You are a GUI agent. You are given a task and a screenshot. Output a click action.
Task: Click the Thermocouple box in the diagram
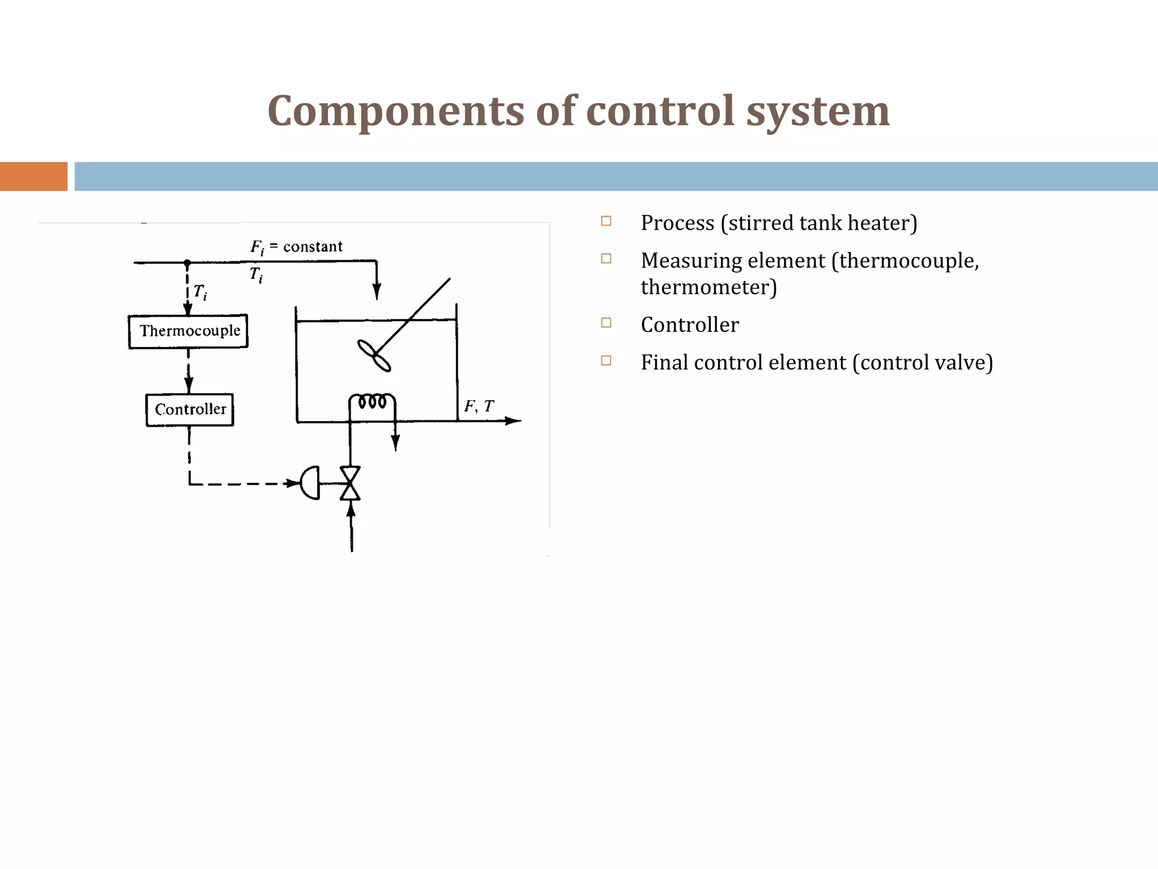pyautogui.click(x=188, y=331)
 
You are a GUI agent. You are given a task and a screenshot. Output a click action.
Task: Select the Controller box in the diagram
pyautogui.click(x=190, y=409)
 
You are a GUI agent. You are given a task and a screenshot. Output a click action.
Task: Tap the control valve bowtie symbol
pyautogui.click(x=350, y=483)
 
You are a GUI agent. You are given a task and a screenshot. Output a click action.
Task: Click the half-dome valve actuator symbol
pyautogui.click(x=310, y=483)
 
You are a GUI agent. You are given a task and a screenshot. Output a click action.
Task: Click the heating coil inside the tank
pyautogui.click(x=372, y=402)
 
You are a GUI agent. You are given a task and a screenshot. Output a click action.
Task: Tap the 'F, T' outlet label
pyautogui.click(x=479, y=406)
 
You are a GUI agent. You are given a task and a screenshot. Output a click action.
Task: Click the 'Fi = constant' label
pyautogui.click(x=296, y=247)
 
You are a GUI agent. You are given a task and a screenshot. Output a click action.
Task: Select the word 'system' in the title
pyautogui.click(x=818, y=111)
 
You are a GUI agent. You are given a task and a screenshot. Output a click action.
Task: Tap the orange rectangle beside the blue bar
pyautogui.click(x=33, y=177)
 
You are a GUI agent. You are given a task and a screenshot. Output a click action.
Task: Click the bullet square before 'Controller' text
pyautogui.click(x=606, y=323)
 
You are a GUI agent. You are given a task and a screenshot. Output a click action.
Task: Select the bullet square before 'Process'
pyautogui.click(x=606, y=221)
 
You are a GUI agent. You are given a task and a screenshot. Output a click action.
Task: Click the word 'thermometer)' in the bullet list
pyautogui.click(x=708, y=287)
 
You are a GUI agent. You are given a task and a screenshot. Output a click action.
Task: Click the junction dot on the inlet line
pyautogui.click(x=187, y=263)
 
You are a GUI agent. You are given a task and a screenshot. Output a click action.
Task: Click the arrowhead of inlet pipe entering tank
pyautogui.click(x=377, y=292)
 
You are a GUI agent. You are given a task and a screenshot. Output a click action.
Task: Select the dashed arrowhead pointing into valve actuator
pyautogui.click(x=292, y=483)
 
